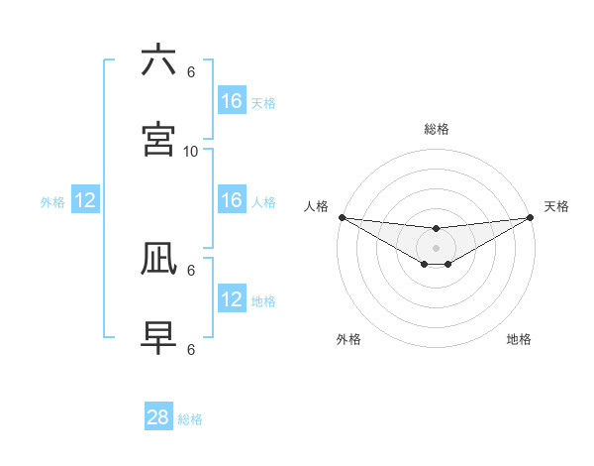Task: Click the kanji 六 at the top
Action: click(159, 61)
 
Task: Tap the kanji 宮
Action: click(159, 140)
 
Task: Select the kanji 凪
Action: click(159, 259)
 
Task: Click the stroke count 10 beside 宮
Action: click(191, 151)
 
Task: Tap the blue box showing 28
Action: click(158, 417)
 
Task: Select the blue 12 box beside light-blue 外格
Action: click(85, 201)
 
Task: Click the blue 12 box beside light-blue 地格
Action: click(231, 299)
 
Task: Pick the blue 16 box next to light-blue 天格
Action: click(231, 101)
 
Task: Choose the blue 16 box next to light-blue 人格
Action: click(231, 200)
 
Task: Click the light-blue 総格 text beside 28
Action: click(190, 419)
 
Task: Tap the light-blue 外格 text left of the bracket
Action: click(52, 202)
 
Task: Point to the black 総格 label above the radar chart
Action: click(436, 129)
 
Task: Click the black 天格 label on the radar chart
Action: click(556, 206)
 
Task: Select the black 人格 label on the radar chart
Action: click(316, 206)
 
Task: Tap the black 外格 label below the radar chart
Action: click(348, 339)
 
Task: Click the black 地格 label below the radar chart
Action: click(519, 339)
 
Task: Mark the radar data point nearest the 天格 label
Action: click(530, 217)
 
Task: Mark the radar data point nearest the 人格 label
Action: click(342, 217)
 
